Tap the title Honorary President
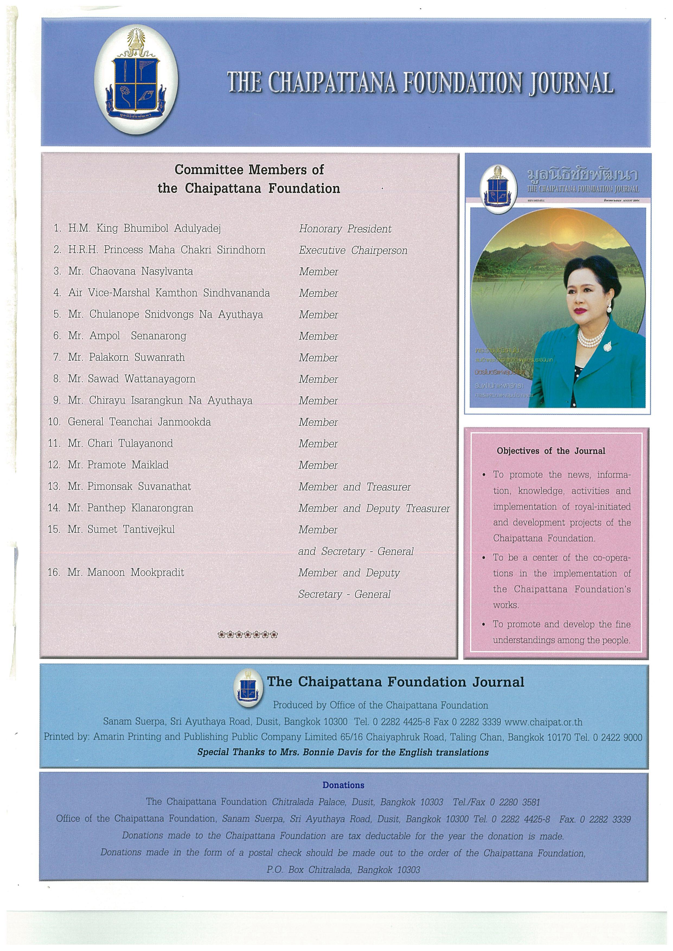[x=345, y=229]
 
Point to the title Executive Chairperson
[x=353, y=251]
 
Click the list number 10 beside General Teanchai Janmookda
[x=54, y=422]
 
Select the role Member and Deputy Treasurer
[x=374, y=508]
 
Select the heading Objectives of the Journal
[x=551, y=451]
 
